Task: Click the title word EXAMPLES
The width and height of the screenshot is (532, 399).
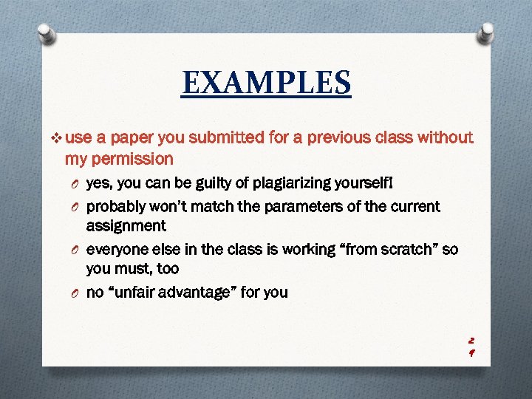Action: coord(267,83)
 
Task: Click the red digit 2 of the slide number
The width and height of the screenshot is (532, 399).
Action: coord(471,341)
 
